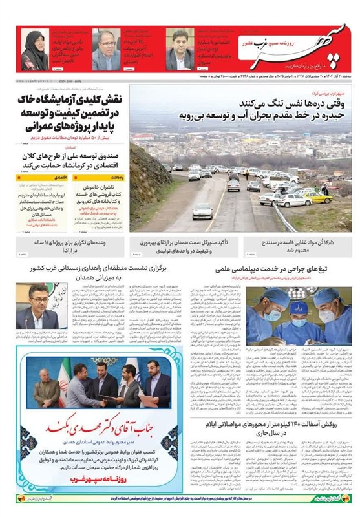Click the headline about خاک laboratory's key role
(x=72, y=114)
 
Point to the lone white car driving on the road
(x=202, y=211)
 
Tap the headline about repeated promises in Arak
(x=72, y=246)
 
